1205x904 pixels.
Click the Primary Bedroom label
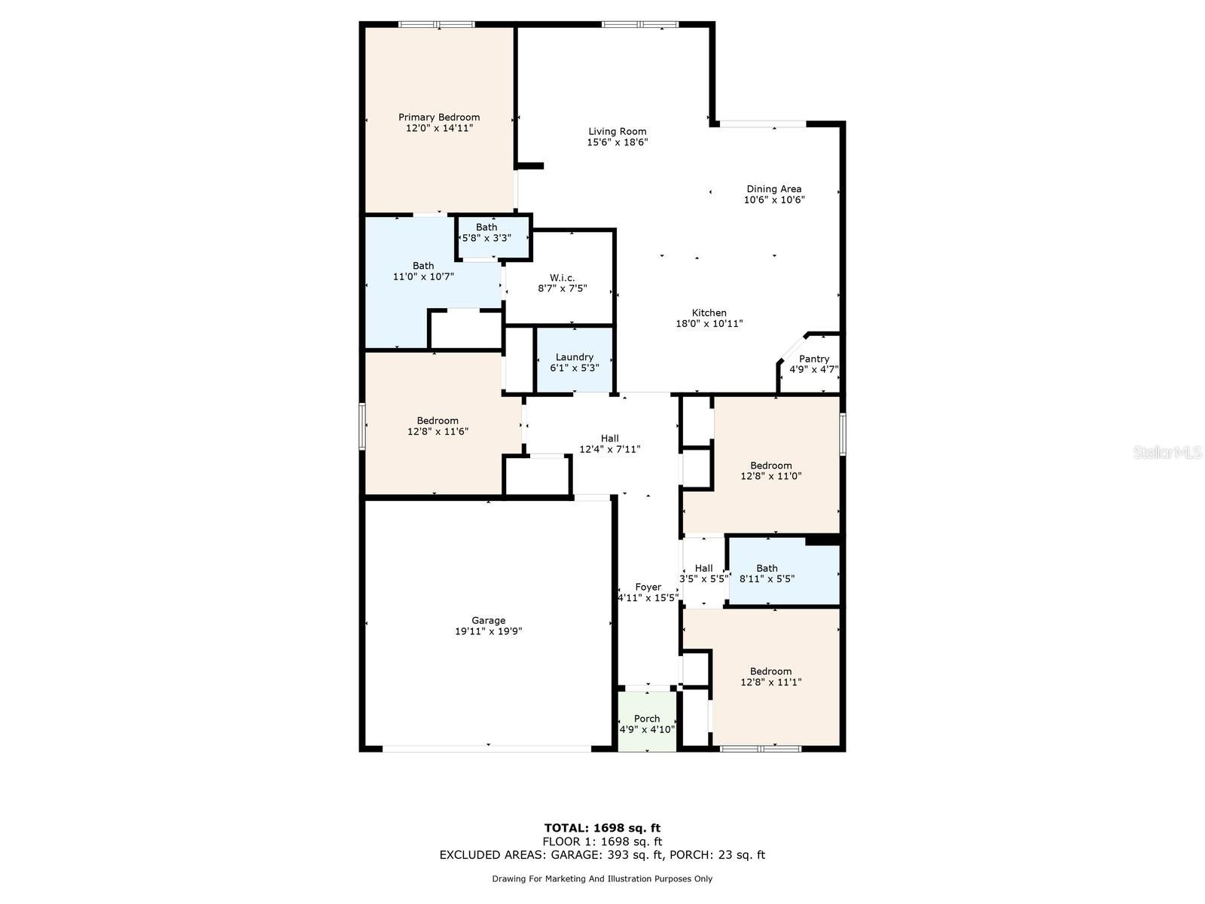(439, 117)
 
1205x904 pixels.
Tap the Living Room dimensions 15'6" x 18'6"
(618, 142)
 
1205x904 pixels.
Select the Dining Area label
(773, 189)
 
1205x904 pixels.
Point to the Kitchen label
(709, 313)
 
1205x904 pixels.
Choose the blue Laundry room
(574, 362)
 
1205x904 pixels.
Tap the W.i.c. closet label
(562, 278)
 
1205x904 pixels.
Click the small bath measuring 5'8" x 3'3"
(487, 233)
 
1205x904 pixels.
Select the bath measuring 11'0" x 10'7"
(423, 271)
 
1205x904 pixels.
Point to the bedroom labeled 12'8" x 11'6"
(438, 426)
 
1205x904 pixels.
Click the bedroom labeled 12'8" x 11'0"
(770, 471)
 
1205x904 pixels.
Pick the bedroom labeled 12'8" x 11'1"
(770, 676)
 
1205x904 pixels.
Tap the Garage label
(489, 620)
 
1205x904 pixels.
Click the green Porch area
(647, 723)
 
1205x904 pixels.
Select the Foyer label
(648, 587)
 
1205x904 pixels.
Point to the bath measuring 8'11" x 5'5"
(767, 574)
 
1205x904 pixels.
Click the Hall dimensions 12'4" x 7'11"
(609, 450)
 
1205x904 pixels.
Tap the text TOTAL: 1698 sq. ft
(602, 828)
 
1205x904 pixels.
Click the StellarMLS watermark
(1167, 452)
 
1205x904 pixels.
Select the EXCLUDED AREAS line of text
(602, 855)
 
